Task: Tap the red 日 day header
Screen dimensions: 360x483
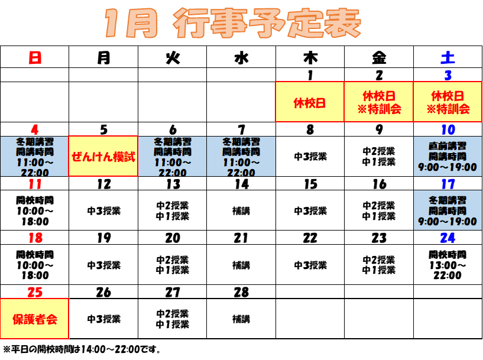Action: [35, 58]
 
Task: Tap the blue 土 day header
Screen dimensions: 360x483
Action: [448, 58]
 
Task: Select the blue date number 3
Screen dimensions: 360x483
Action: [448, 75]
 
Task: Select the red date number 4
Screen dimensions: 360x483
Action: [35, 129]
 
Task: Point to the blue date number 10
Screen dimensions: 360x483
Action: [448, 129]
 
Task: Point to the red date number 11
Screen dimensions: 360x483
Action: [35, 184]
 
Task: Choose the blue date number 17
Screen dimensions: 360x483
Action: [448, 184]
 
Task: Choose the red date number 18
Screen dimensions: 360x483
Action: [35, 238]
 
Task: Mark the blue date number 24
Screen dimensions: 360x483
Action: [448, 238]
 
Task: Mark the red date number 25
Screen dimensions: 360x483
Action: [35, 292]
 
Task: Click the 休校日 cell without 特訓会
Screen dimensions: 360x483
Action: [310, 102]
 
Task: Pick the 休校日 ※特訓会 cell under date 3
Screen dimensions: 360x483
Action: [448, 102]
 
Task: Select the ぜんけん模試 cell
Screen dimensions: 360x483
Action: [103, 157]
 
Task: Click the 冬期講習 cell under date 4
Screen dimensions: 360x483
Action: [34, 157]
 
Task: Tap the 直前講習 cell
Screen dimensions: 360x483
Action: [448, 157]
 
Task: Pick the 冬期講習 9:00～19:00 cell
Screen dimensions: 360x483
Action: [448, 210]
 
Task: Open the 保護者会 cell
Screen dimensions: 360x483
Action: [34, 319]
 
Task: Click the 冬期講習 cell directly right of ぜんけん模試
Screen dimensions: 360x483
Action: [172, 157]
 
